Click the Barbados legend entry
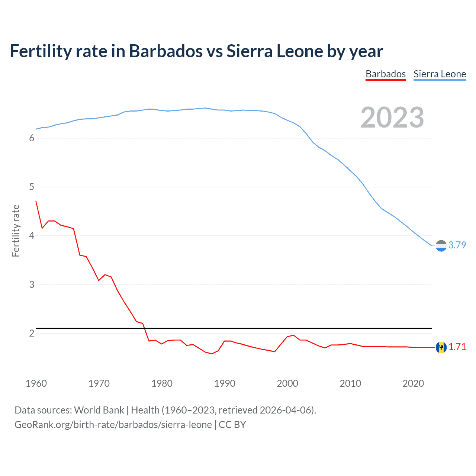point(386,74)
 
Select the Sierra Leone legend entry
point(440,74)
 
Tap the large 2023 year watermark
point(392,118)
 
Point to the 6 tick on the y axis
point(32,138)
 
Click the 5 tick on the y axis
point(32,187)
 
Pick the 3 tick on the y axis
point(32,285)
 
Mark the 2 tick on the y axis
point(32,334)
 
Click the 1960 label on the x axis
point(36,383)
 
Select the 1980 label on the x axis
point(162,383)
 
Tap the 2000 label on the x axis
point(287,383)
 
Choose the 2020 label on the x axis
point(413,383)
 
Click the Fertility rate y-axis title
point(16,231)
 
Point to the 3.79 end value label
point(457,245)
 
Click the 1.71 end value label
point(457,347)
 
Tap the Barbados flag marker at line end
point(441,347)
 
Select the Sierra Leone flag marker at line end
point(441,246)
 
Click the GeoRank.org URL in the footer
point(113,425)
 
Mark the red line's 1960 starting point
point(36,201)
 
